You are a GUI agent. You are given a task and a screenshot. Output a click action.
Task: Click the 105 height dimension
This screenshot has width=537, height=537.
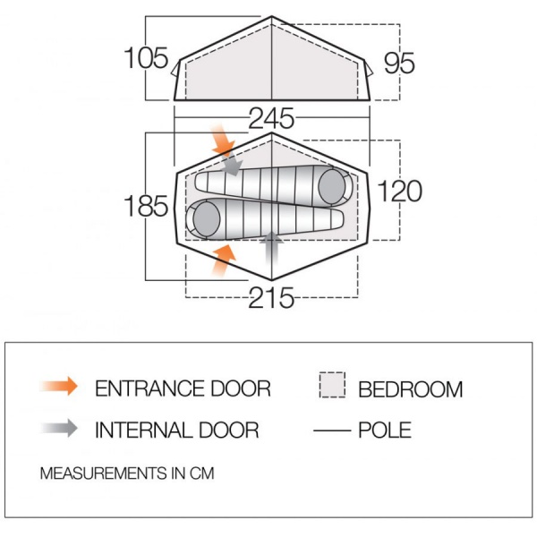[146, 58]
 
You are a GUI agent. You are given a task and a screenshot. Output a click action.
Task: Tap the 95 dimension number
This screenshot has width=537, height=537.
[399, 63]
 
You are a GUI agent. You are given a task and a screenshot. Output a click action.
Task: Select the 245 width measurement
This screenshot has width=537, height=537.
[271, 118]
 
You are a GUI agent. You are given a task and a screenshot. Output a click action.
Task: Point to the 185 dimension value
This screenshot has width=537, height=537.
[146, 206]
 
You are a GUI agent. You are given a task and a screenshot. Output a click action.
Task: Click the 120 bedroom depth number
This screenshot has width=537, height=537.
[399, 191]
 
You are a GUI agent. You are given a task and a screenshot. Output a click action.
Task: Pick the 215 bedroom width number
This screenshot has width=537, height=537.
[271, 298]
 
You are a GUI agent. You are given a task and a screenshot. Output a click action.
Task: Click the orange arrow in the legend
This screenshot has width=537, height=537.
[59, 386]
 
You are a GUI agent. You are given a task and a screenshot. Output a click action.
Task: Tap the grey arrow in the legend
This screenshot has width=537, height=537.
[59, 428]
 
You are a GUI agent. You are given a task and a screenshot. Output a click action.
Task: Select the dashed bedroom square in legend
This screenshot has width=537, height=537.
[332, 385]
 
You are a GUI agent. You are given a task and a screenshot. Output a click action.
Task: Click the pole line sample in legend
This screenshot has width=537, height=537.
[332, 430]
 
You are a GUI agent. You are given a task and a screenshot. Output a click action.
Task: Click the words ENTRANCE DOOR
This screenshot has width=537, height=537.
[183, 388]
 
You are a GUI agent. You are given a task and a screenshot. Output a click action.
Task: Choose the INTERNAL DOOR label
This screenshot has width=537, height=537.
[176, 430]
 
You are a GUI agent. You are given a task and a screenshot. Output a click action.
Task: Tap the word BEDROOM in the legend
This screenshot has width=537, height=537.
[410, 389]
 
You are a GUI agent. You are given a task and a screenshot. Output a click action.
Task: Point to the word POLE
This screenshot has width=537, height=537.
[385, 430]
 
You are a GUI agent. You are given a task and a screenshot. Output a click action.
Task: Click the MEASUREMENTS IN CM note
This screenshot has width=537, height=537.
[127, 473]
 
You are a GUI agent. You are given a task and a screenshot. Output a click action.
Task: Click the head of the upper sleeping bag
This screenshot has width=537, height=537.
[332, 187]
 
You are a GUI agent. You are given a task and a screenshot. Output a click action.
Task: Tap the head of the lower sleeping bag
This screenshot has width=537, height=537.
[207, 219]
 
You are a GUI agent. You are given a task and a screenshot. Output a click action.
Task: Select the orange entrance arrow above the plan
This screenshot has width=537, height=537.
[223, 141]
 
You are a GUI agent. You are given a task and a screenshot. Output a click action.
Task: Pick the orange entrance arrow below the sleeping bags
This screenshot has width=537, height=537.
[223, 260]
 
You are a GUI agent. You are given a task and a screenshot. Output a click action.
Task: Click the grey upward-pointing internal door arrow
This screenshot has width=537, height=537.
[271, 248]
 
